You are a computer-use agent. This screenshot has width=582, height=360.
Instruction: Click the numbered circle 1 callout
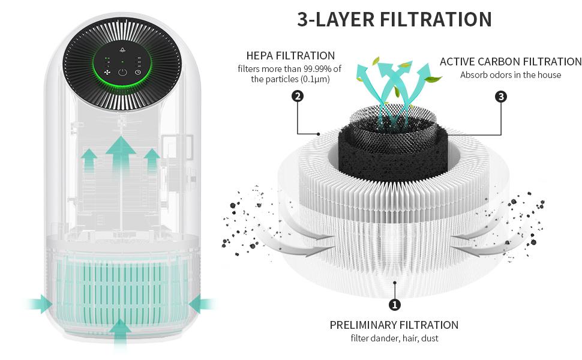pyautogui.click(x=395, y=305)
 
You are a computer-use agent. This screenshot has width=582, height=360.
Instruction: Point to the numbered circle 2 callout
pyautogui.click(x=297, y=96)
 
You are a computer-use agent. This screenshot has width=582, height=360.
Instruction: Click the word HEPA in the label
pyautogui.click(x=260, y=56)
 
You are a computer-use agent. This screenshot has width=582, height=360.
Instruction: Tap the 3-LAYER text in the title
pyautogui.click(x=336, y=19)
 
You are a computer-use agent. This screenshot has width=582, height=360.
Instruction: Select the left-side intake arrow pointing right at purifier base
pyautogui.click(x=40, y=304)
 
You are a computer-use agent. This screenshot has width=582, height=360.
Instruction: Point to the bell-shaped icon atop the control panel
pyautogui.click(x=122, y=51)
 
